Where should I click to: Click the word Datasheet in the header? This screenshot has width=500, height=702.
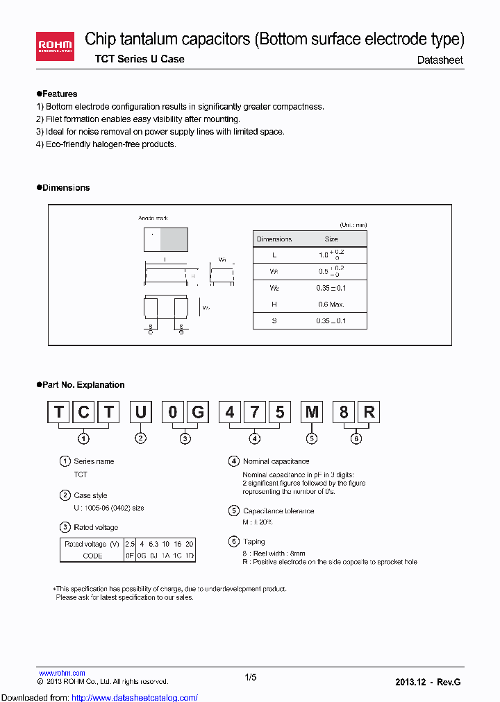pos(440,60)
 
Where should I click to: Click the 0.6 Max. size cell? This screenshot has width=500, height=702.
pos(331,305)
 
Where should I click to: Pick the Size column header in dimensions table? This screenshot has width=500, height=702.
pos(331,239)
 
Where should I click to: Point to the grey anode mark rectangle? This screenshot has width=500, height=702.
pos(174,239)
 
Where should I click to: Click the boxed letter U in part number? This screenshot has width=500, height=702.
pos(140,413)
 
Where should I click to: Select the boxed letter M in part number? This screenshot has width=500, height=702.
pos(312,413)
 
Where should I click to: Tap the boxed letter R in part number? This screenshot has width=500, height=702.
pos(369,413)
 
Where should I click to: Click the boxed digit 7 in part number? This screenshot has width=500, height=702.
pos(255,413)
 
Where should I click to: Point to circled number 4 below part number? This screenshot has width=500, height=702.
pos(255,438)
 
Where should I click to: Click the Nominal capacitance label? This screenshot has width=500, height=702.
pos(276,461)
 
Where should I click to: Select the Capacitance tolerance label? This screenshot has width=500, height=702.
pos(278,511)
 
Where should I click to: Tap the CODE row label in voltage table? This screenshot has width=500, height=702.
pos(92,556)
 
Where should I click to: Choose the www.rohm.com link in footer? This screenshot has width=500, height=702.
pos(62,673)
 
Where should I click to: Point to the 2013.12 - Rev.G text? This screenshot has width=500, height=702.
pos(427,682)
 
